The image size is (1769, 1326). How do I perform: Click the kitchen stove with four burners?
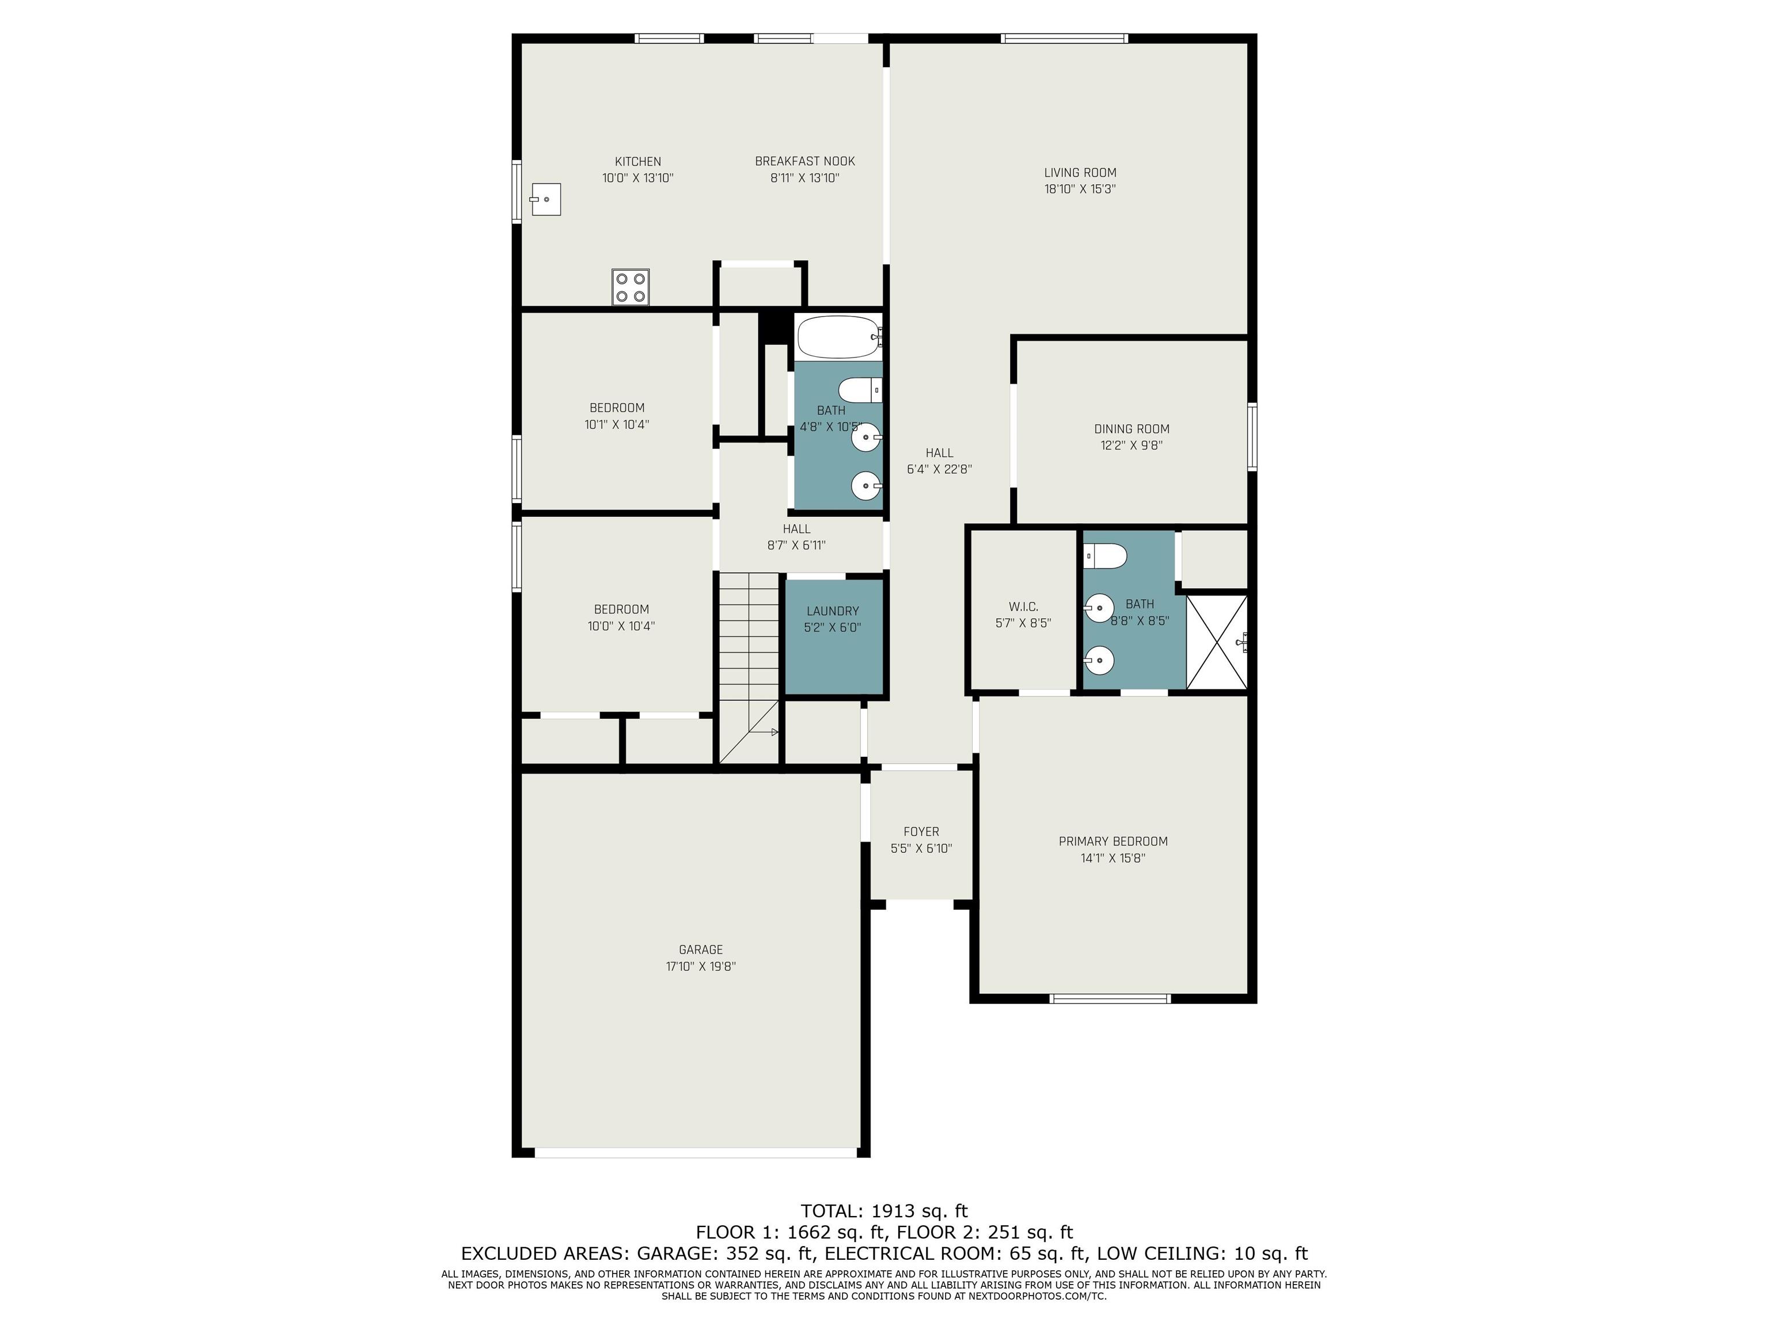630,287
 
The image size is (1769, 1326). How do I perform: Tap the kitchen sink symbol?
545,199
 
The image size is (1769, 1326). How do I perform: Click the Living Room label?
1080,173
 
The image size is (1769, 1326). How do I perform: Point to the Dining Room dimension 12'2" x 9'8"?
1132,445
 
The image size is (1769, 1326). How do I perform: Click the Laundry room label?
833,611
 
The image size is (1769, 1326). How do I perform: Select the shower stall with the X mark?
1216,641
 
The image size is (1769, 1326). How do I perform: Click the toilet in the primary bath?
1105,555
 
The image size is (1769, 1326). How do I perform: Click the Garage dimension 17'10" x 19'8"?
701,966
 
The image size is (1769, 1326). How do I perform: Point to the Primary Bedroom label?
1113,841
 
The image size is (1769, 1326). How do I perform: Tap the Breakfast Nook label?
804,162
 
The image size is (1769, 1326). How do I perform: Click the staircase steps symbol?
749,668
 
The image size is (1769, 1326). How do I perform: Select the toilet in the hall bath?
860,391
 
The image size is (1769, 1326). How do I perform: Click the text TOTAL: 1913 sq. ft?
884,1211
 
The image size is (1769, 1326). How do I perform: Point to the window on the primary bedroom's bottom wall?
1110,999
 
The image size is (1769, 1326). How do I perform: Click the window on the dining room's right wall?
1252,436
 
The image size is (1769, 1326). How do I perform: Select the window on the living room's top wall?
1064,37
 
